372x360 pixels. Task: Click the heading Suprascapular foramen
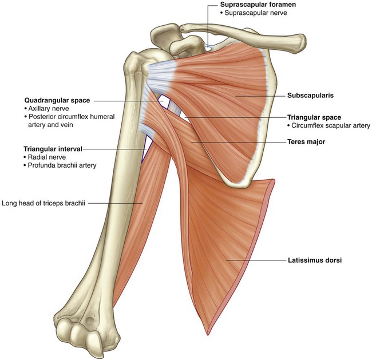coord(258,5)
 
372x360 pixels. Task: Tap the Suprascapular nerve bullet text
coord(256,13)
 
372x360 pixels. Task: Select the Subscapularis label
coord(310,96)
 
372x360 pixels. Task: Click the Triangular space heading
coord(314,117)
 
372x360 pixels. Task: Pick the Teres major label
coord(306,142)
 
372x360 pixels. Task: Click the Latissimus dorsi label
coord(315,260)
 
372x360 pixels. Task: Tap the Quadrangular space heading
coord(57,101)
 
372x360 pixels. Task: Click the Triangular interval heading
coord(53,149)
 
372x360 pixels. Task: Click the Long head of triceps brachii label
coord(43,203)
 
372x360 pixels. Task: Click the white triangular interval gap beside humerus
coord(146,148)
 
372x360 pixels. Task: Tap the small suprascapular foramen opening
coord(208,49)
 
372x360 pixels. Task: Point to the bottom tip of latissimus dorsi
coord(208,334)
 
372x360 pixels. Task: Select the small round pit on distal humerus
coord(90,321)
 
